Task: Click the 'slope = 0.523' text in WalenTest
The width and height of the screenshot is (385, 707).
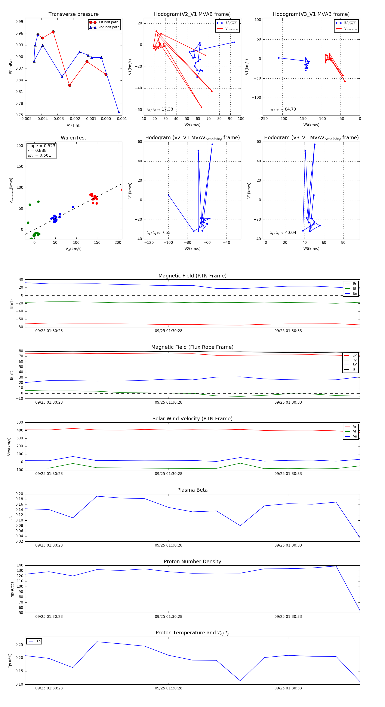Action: pos(41,146)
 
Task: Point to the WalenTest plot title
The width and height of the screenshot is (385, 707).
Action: pos(73,138)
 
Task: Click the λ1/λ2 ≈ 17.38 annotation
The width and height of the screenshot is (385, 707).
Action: pos(160,109)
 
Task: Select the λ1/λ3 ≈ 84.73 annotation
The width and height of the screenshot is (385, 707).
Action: pos(283,109)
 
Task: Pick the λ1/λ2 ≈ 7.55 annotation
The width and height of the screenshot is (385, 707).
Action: pos(158,233)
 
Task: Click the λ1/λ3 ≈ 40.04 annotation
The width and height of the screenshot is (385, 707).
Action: pos(283,233)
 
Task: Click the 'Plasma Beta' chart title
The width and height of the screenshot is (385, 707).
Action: pos(192,490)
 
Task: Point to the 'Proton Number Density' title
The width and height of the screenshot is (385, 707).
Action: pos(192,562)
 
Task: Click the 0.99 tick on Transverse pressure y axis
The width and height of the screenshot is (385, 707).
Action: pos(19,22)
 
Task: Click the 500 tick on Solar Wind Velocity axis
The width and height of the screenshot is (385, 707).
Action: pos(20,422)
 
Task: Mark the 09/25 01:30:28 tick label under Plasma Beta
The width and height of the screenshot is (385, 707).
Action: pos(168,545)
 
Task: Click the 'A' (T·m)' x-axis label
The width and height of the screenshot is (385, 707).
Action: pos(73,125)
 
